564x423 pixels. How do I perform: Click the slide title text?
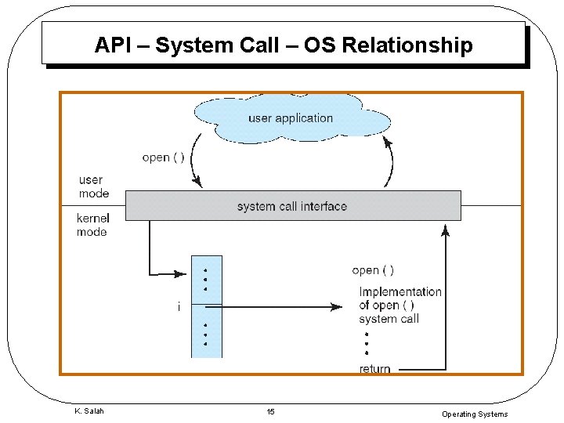pyautogui.click(x=284, y=45)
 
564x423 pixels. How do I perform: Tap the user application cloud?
pyautogui.click(x=291, y=119)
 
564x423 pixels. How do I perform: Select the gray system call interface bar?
pyautogui.click(x=292, y=206)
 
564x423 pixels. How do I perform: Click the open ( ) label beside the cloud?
pyautogui.click(x=164, y=157)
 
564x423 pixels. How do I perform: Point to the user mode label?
pyautogui.click(x=94, y=186)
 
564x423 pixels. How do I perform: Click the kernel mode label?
pyautogui.click(x=92, y=225)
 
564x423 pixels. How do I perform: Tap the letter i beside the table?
pyautogui.click(x=179, y=307)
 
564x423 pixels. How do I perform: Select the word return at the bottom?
pyautogui.click(x=374, y=369)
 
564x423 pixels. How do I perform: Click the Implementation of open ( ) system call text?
pyautogui.click(x=399, y=305)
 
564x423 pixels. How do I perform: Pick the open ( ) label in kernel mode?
pyautogui.click(x=373, y=270)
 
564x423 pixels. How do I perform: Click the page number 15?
pyautogui.click(x=270, y=412)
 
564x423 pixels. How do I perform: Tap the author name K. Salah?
pyautogui.click(x=89, y=411)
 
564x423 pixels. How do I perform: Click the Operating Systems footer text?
pyautogui.click(x=475, y=414)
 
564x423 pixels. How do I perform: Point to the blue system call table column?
pyautogui.click(x=207, y=306)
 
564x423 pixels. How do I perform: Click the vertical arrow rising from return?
pyautogui.click(x=446, y=298)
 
